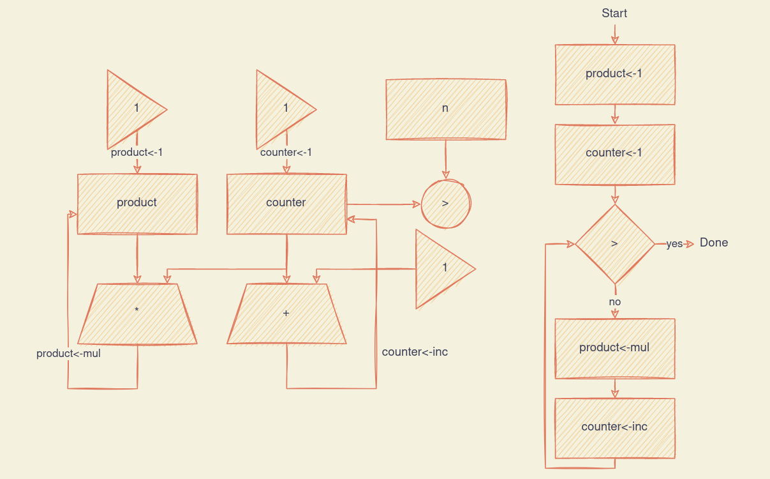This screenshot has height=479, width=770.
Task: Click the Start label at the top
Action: [x=614, y=13]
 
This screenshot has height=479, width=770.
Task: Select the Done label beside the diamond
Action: [x=713, y=243]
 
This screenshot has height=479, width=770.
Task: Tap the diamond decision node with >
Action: [x=614, y=244]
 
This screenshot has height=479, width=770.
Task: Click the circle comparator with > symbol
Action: [x=445, y=204]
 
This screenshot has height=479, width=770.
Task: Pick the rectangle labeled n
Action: [x=445, y=109]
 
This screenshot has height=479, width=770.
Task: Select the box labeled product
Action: [x=137, y=203]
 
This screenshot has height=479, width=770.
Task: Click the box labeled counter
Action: [x=286, y=203]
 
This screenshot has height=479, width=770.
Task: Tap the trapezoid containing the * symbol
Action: [x=137, y=313]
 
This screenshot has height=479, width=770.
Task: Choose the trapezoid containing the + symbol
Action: [x=286, y=313]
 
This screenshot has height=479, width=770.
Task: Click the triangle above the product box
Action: [x=131, y=109]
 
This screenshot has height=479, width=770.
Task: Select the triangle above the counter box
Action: [x=280, y=109]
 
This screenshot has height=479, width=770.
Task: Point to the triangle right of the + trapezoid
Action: [x=440, y=268]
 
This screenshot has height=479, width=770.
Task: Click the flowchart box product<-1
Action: [x=614, y=74]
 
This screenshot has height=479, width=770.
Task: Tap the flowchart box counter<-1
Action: [x=614, y=153]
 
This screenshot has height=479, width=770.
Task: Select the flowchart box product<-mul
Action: [x=614, y=348]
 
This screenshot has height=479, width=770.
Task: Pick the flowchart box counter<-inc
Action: [x=614, y=427]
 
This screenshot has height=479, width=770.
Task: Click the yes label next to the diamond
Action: [x=674, y=244]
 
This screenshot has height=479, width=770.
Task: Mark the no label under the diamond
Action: [x=614, y=301]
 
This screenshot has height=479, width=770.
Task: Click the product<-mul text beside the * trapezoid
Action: [x=68, y=353]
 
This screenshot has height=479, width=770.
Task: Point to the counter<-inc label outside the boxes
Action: [x=415, y=352]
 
